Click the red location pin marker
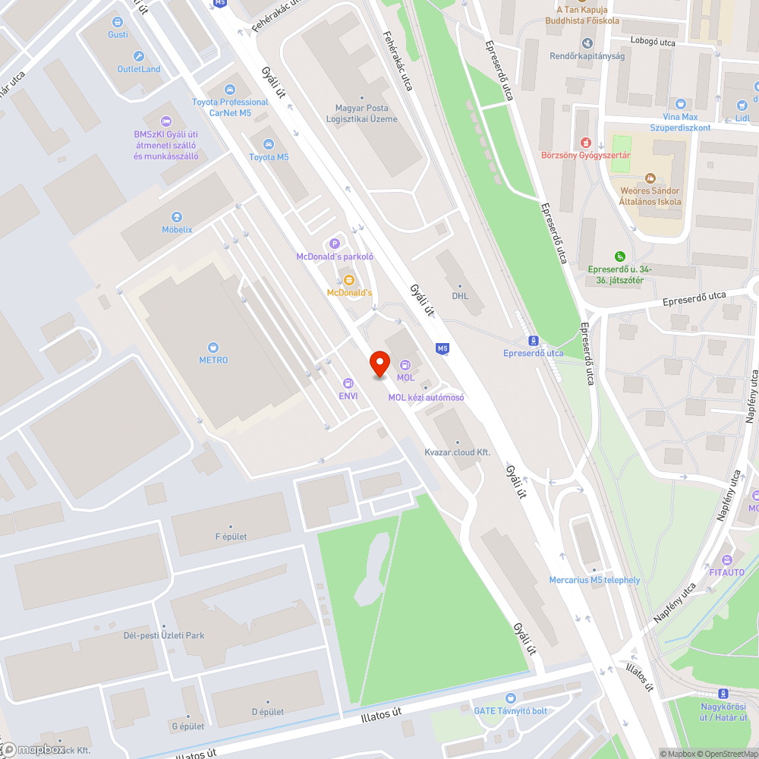tap(379, 364)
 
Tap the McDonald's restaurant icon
tap(348, 280)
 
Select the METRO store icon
tap(213, 348)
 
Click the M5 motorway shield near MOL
tap(442, 348)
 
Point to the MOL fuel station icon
tap(405, 365)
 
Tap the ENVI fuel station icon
tap(348, 383)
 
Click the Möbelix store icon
tap(177, 217)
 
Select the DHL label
tap(460, 296)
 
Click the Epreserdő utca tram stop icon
tap(533, 341)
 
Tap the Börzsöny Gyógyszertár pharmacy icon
tap(585, 142)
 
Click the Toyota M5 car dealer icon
tap(268, 144)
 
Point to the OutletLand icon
tap(138, 56)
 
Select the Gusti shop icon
tap(118, 22)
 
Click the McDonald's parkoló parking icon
tap(334, 244)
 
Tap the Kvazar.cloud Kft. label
tap(457, 452)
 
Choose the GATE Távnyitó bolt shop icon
tap(510, 698)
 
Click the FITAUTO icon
tap(726, 559)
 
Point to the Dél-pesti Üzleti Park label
tap(165, 635)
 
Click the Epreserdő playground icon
tap(620, 256)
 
